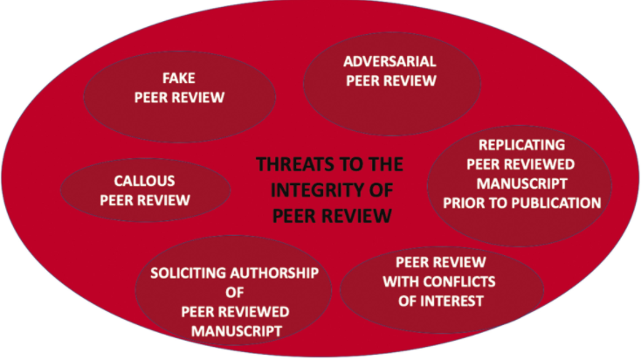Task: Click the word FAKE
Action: [x=179, y=79]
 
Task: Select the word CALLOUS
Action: [x=144, y=182]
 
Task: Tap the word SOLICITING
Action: [x=186, y=274]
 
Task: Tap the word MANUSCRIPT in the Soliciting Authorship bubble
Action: [x=233, y=332]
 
